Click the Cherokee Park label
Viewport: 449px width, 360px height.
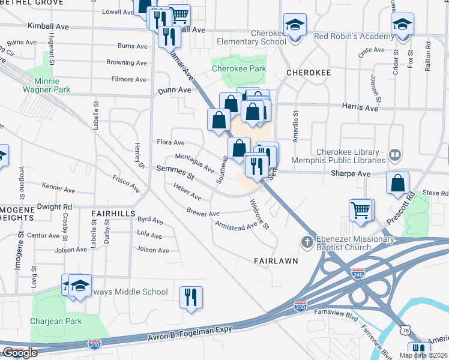point(239,69)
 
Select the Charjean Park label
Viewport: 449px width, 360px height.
point(58,321)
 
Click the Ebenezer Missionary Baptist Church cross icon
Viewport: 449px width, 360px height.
point(306,242)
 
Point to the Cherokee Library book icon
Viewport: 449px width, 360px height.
point(394,156)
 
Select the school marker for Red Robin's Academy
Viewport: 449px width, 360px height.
point(402,25)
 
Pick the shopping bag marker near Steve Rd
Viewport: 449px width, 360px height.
point(397,184)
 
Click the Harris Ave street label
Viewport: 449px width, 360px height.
point(361,109)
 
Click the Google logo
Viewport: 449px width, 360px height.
point(20,353)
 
